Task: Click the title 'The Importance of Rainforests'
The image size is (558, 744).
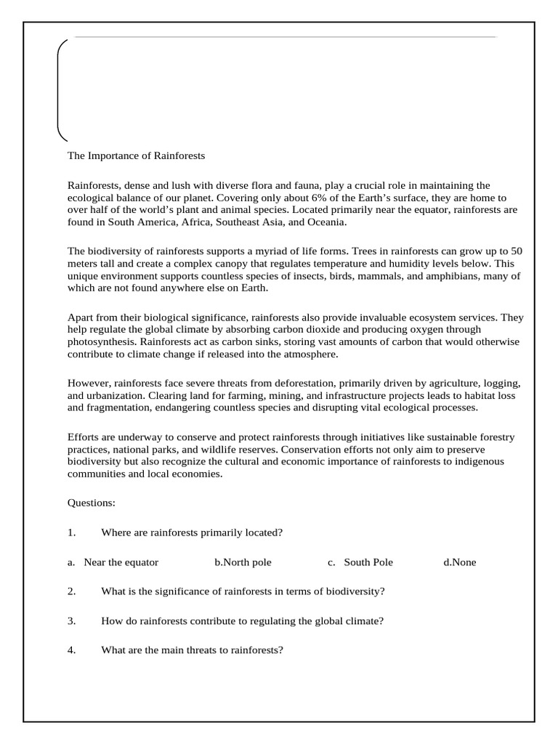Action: (x=136, y=155)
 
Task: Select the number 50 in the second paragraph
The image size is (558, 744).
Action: (x=516, y=251)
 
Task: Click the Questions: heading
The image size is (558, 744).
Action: (x=92, y=503)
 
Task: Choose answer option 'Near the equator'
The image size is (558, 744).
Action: (x=121, y=562)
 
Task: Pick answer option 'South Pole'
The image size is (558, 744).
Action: (x=368, y=562)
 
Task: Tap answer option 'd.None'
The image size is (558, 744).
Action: (x=459, y=562)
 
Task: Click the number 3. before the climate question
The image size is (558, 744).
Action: (x=72, y=620)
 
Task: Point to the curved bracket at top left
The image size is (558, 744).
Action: (x=60, y=89)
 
